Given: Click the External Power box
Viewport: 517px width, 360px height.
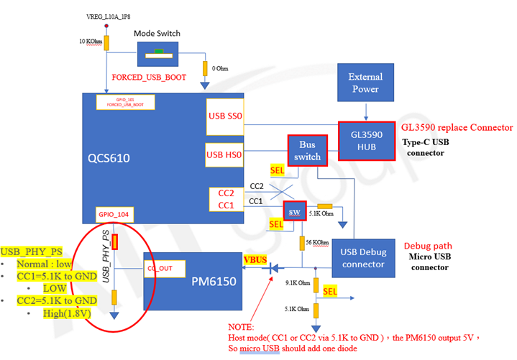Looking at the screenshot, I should pos(365,83).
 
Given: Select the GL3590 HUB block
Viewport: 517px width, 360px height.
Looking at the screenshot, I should pos(366,142).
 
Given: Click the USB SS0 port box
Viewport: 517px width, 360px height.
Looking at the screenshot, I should pos(226,116).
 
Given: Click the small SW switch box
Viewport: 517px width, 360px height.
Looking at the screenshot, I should pos(293,212).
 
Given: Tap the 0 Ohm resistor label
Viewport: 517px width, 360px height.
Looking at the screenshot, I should pos(219,68).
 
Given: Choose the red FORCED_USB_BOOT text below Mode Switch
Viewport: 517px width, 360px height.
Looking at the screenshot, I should pos(150,78).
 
